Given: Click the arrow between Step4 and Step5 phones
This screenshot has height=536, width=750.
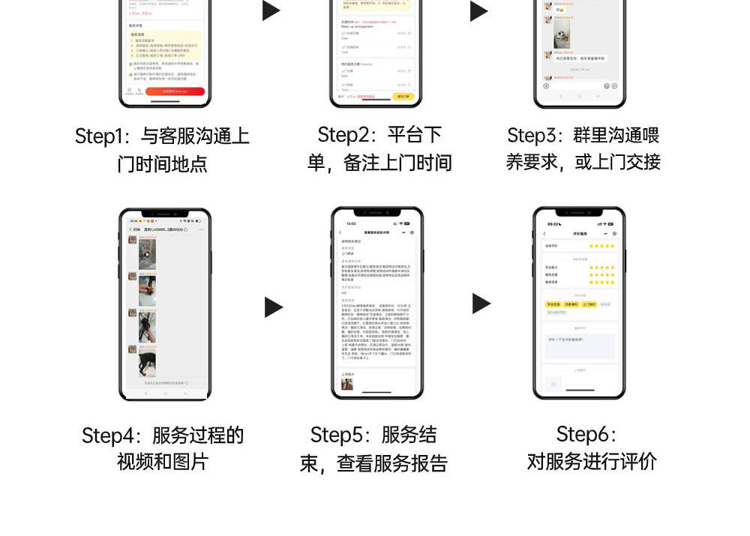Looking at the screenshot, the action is tap(274, 307).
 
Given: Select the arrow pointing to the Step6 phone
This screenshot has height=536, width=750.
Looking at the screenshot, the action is tap(481, 304).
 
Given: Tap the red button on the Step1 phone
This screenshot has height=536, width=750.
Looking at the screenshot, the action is tap(175, 91).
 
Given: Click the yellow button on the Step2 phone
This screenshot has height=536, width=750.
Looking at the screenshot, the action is tap(403, 96).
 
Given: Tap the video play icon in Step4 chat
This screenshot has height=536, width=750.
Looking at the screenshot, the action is tap(147, 254).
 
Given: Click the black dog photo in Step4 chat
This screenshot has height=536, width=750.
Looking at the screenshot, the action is tap(148, 365).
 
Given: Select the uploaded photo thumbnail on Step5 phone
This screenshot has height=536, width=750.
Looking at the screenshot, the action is tap(347, 385).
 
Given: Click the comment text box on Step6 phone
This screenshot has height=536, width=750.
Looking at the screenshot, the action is tap(579, 346).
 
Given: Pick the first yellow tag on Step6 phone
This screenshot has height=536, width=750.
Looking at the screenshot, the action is tap(553, 304).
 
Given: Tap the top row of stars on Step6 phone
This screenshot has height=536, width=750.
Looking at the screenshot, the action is tap(601, 246).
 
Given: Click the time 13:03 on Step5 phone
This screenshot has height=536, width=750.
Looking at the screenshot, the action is tap(351, 223).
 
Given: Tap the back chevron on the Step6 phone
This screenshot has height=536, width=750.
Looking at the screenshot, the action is tap(544, 234).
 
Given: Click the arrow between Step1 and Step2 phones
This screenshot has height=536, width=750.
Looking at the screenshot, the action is tap(271, 10).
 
